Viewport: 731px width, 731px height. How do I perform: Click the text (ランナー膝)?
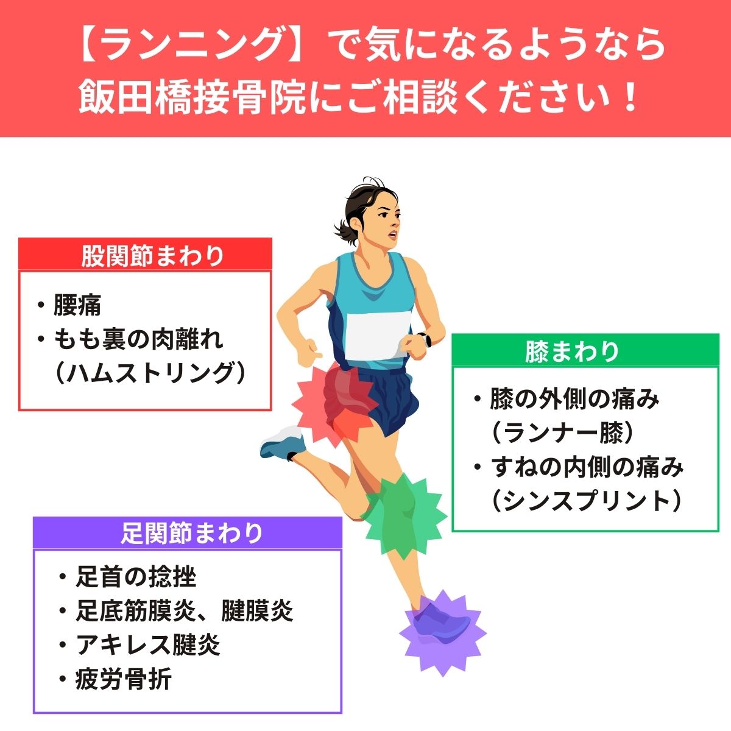click(x=563, y=433)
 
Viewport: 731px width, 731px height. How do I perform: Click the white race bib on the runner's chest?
click(x=377, y=335)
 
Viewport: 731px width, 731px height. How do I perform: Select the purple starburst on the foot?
click(x=442, y=633)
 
